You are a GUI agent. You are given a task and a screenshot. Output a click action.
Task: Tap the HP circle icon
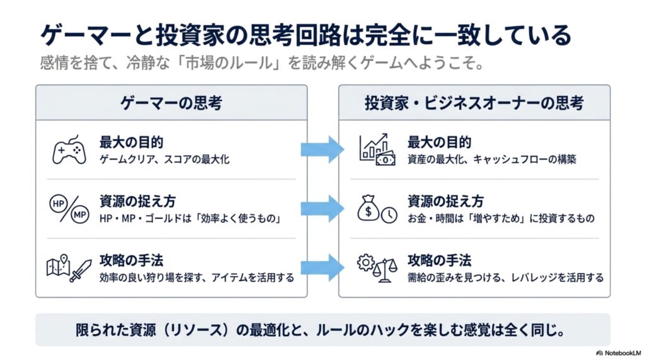coord(59,204)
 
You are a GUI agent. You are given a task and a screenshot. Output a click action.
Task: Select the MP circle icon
coord(79,214)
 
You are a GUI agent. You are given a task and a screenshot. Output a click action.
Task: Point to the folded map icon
coord(58,265)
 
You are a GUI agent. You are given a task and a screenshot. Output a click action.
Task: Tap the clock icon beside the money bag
coord(389,215)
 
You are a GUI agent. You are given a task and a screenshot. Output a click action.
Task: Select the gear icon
coord(366,262)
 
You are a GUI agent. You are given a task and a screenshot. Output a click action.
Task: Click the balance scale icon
coord(385,270)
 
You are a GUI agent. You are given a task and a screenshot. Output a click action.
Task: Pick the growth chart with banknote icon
coord(377,149)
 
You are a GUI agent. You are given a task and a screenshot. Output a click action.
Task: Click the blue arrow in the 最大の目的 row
coord(322,149)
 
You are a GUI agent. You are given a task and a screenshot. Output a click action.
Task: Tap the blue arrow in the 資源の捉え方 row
coord(322,209)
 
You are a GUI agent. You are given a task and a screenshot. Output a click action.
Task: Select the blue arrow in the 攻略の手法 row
coord(322,268)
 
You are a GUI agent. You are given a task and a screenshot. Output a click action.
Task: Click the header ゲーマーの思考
coord(172,103)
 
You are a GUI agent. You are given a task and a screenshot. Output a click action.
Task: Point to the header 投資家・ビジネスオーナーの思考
coord(474,103)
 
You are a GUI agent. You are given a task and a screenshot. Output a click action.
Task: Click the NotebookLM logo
coord(618,353)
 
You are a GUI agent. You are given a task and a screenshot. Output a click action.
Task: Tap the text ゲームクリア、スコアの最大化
coord(165,160)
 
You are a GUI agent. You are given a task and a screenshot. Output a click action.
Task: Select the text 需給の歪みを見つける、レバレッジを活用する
coord(505,277)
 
